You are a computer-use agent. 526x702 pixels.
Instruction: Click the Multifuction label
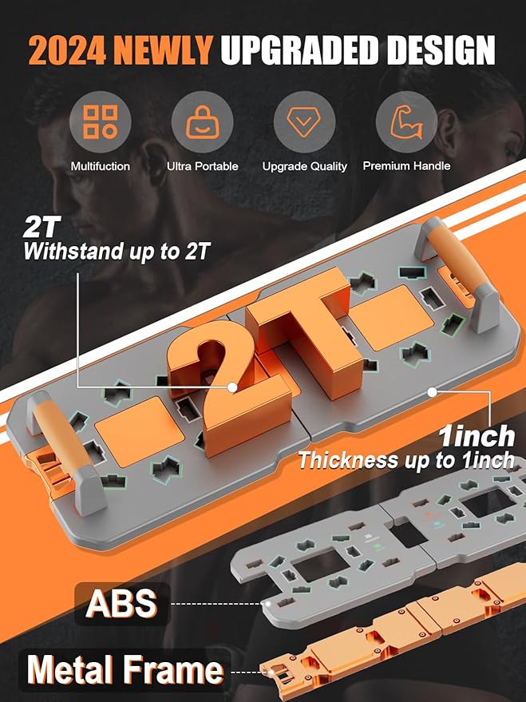100,166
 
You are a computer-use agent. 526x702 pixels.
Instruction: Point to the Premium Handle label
406,166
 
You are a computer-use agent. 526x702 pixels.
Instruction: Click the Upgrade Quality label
304,166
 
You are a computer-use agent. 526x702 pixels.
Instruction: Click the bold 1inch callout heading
477,437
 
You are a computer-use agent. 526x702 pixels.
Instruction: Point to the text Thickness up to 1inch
406,461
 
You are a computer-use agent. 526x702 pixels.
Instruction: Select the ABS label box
121,604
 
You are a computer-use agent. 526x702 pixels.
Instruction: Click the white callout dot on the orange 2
232,387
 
